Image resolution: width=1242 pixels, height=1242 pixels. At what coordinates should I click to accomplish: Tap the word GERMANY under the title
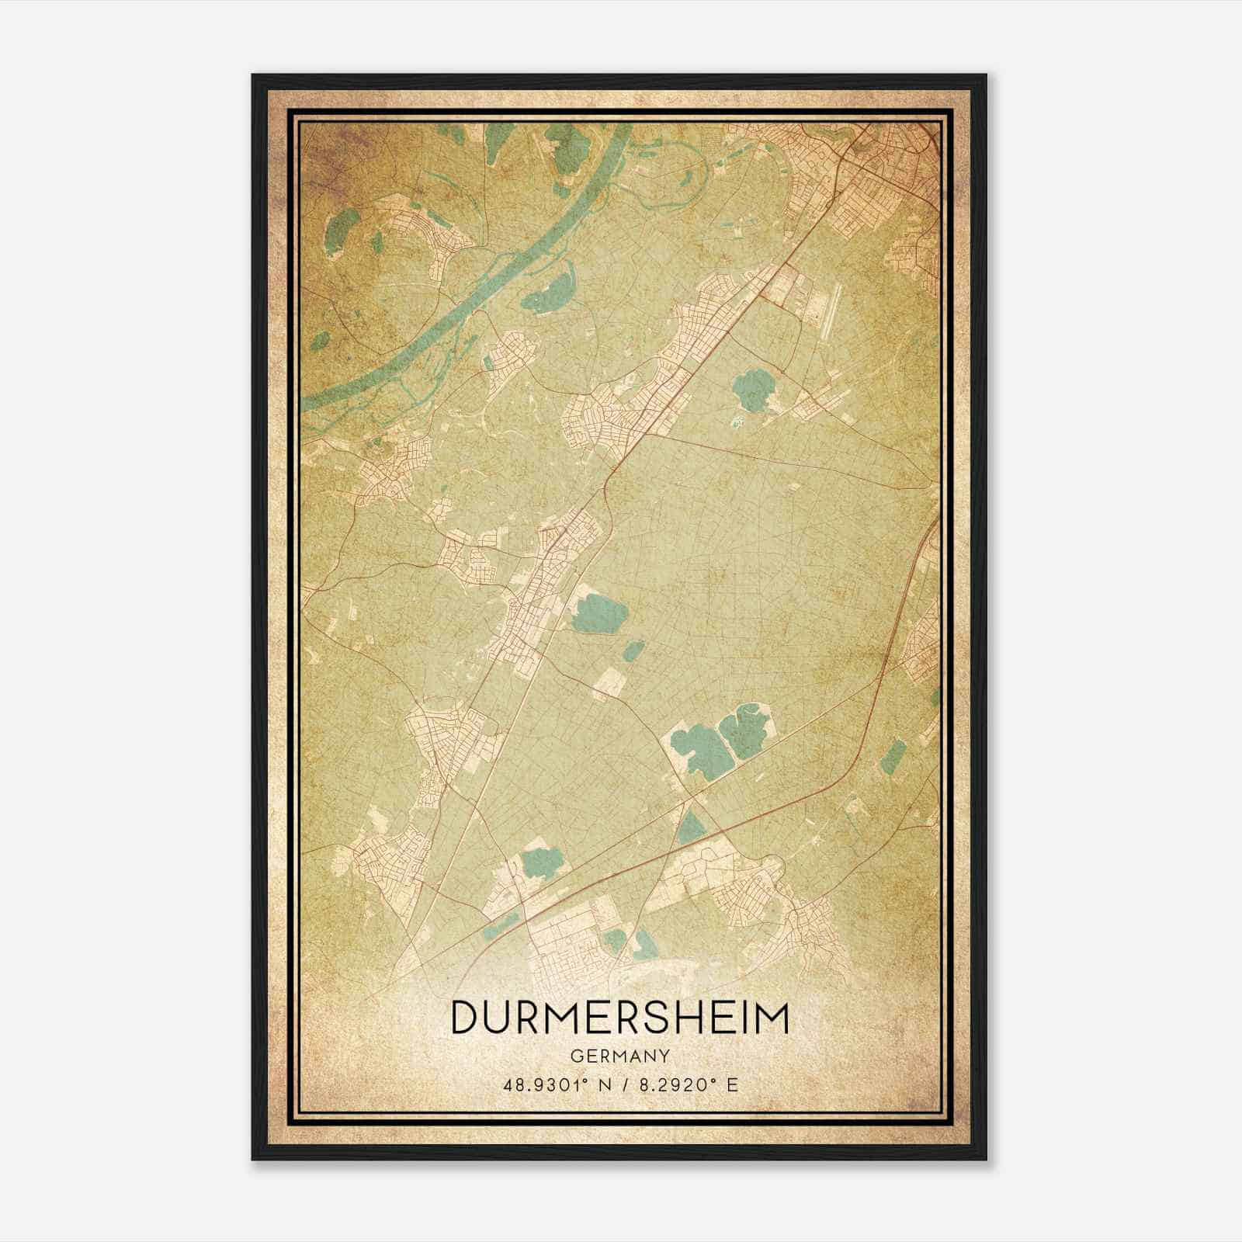pyautogui.click(x=619, y=1056)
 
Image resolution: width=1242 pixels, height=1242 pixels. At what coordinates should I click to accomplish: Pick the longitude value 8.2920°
pyautogui.click(x=670, y=1084)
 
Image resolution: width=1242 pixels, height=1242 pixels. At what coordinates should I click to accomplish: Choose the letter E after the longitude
pyautogui.click(x=731, y=1084)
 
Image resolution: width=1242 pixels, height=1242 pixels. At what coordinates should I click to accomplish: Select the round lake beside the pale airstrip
pyautogui.click(x=750, y=390)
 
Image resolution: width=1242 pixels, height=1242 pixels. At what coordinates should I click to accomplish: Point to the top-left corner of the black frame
pyautogui.click(x=254, y=76)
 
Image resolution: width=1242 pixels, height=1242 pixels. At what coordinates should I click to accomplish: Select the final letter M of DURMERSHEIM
pyautogui.click(x=773, y=1018)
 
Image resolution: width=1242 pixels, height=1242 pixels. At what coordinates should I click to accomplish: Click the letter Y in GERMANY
pyautogui.click(x=665, y=1056)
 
